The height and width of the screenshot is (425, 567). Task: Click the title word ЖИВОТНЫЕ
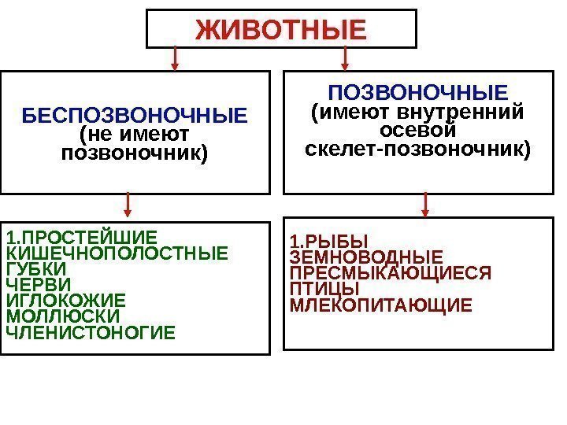pos(281,29)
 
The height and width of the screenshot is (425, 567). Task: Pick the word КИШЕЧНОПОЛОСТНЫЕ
pos(116,253)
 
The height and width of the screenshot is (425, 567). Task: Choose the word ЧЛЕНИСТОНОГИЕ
pos(91,331)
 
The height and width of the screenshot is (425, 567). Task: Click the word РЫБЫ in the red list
pos(334,242)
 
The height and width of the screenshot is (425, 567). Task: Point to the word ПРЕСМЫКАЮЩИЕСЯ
pos(390,273)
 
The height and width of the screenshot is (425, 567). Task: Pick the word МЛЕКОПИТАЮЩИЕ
pos(382,305)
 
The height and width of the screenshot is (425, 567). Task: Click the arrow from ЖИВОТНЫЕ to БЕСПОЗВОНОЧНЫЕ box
pos(175,58)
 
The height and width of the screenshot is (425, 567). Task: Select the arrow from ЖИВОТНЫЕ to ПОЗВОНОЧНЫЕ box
pos(345,58)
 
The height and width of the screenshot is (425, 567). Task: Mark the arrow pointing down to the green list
pos(128,206)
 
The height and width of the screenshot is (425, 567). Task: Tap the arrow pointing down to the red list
pos(425,205)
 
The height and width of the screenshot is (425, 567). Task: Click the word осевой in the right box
pos(418,130)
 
